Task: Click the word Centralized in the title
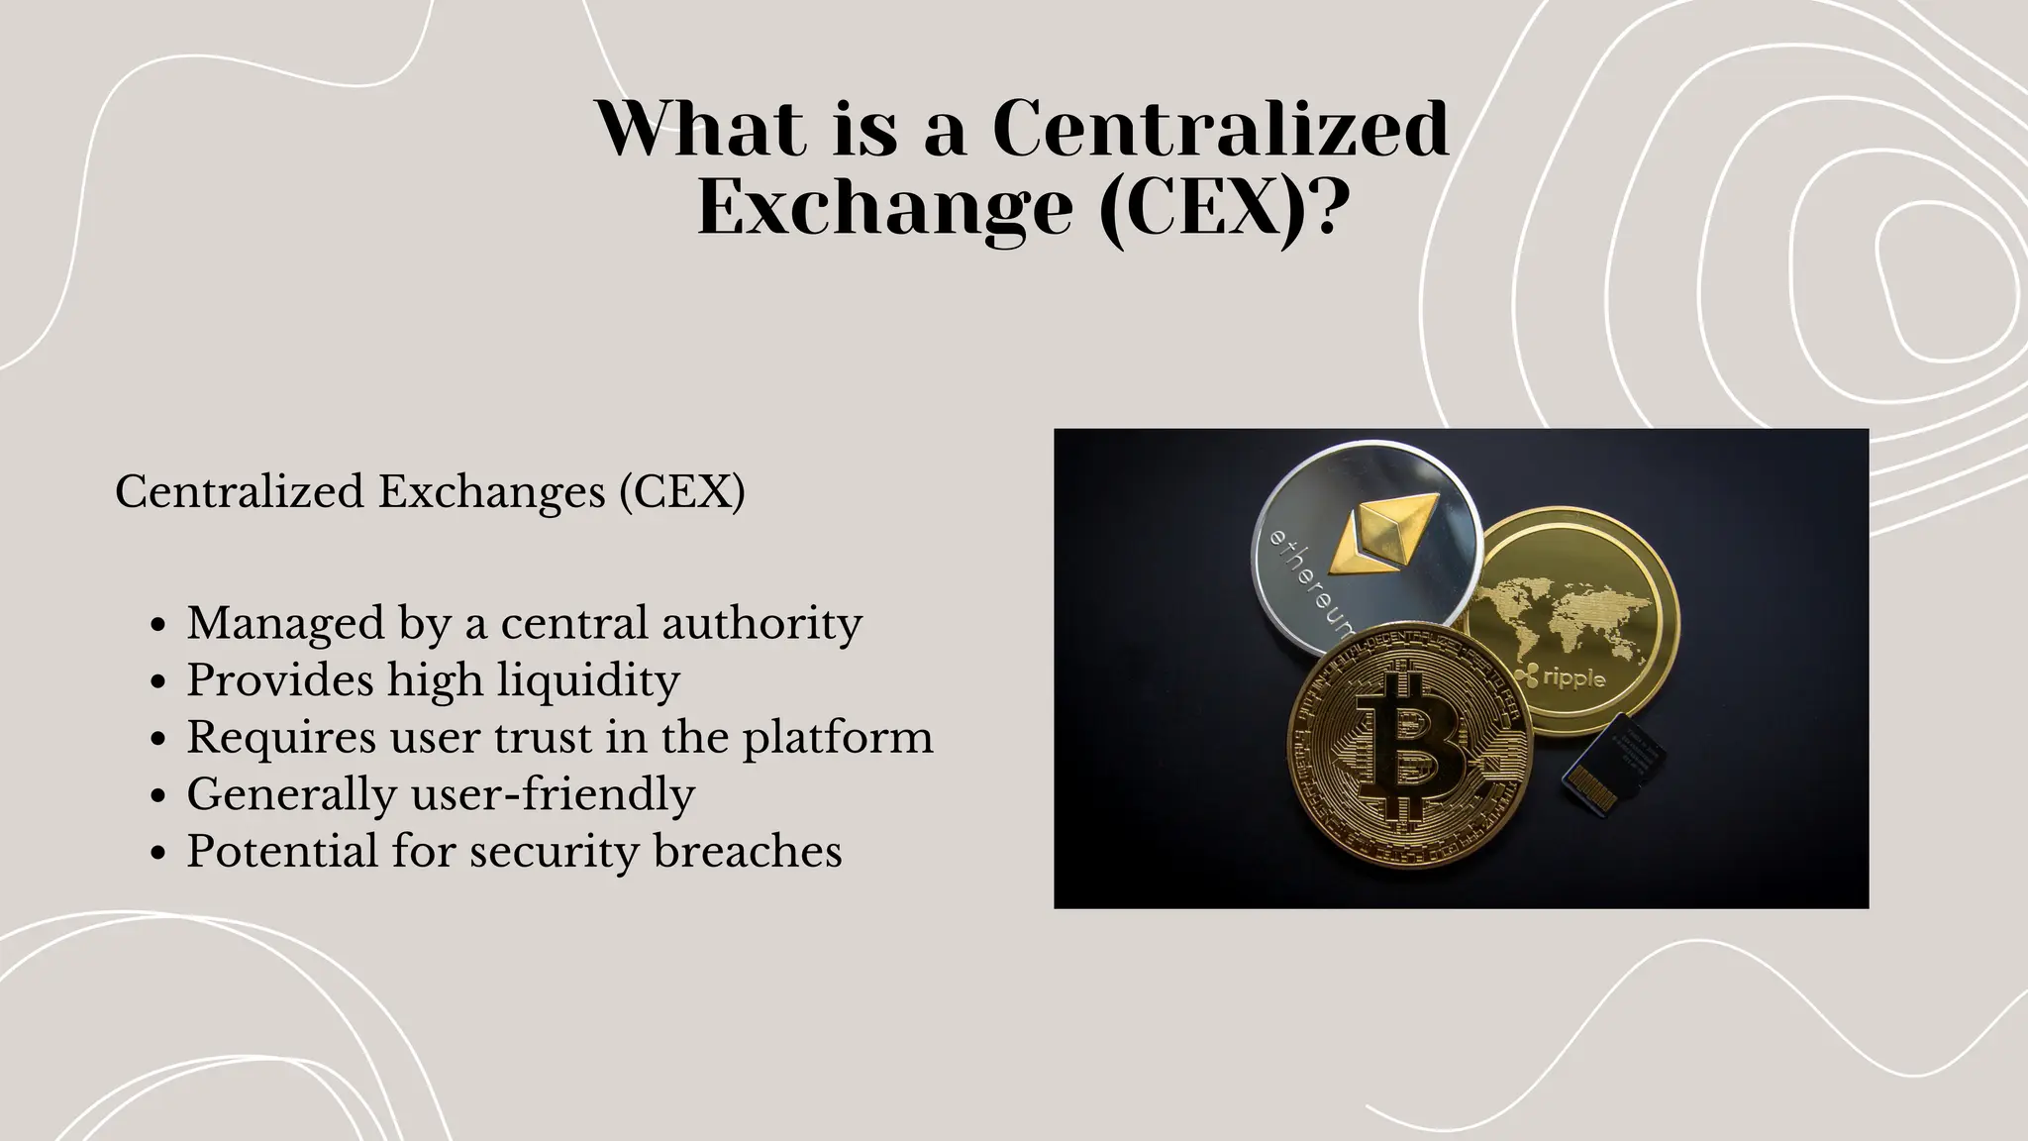tap(1220, 129)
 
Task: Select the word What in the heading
tap(700, 129)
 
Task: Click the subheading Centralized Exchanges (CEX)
tap(430, 491)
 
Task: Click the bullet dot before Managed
tap(158, 626)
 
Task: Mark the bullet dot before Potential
tap(158, 855)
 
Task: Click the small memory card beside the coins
tap(1611, 762)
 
